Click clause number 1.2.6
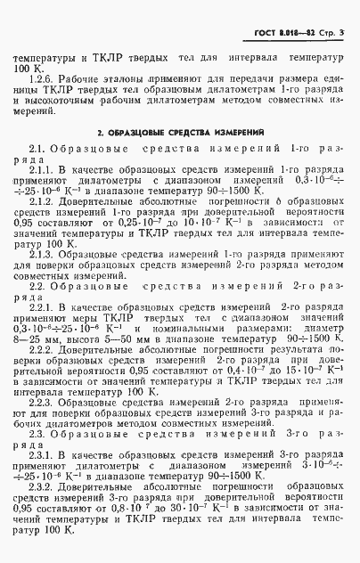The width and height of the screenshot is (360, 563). tap(42, 78)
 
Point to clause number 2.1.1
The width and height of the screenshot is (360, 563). tap(42, 168)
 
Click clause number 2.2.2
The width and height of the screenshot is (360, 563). tap(42, 351)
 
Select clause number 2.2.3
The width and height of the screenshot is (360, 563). tap(42, 405)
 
